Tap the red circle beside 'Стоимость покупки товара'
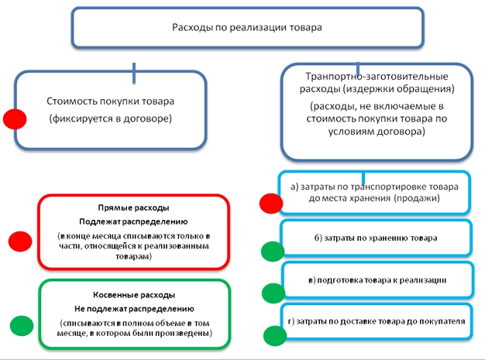click(15, 118)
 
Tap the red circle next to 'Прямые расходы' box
click(19, 239)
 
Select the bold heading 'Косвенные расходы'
click(134, 295)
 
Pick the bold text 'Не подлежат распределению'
click(134, 307)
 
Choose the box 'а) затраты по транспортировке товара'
click(374, 192)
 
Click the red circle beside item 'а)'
click(271, 203)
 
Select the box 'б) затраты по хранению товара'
click(374, 238)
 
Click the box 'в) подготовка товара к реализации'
click(374, 279)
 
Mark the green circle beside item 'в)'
click(273, 293)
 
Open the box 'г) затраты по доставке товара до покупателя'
click(374, 320)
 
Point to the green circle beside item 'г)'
click(274, 335)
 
